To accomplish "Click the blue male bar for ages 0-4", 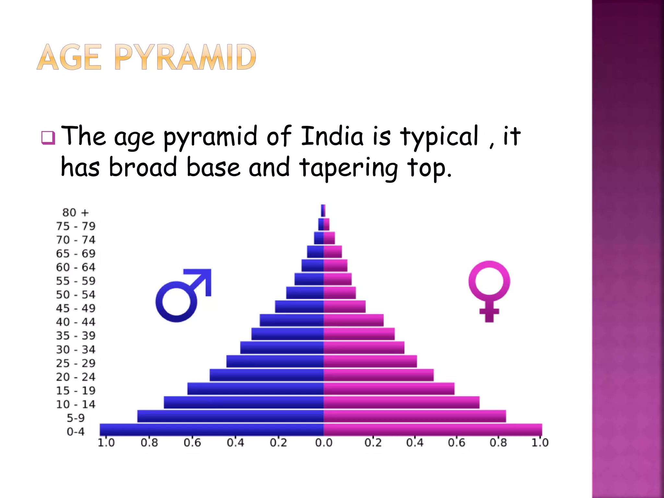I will pos(211,430).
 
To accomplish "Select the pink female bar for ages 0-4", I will pos(433,430).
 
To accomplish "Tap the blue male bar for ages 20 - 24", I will pos(267,375).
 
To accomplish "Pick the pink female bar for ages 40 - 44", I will pos(353,320).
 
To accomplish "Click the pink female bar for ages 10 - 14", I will pos(401,402).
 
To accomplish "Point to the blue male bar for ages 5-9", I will pos(230,416).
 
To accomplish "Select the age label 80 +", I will pos(75,213).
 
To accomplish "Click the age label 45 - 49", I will pos(76,308).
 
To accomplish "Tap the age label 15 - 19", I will pos(76,391).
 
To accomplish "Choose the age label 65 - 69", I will pos(76,254).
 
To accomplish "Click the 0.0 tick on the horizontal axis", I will pos(324,443).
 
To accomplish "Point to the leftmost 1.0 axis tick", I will pos(106,443).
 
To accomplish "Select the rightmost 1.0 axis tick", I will pos(540,443).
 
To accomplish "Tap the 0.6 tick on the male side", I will pos(192,443).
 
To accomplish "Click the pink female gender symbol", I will pos(489,290).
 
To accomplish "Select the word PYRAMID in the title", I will pos(185,57).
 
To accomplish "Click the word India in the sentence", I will pos(332,136).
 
